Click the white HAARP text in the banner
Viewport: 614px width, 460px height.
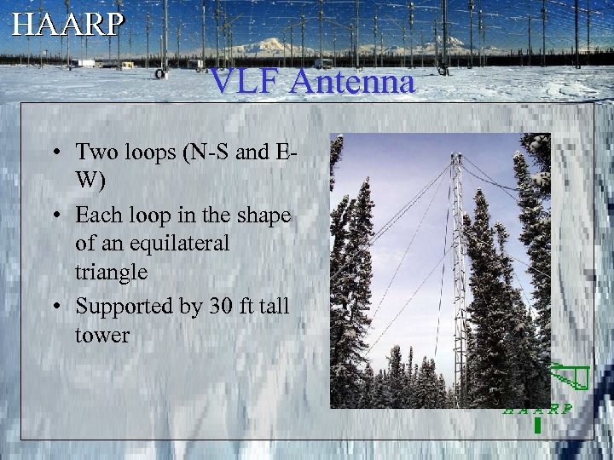point(67,23)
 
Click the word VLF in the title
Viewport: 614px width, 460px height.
point(242,83)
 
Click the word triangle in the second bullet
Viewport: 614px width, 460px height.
point(111,273)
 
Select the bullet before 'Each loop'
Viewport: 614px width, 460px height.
point(55,215)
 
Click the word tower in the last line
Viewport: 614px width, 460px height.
point(101,335)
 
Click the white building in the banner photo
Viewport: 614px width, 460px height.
point(86,62)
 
